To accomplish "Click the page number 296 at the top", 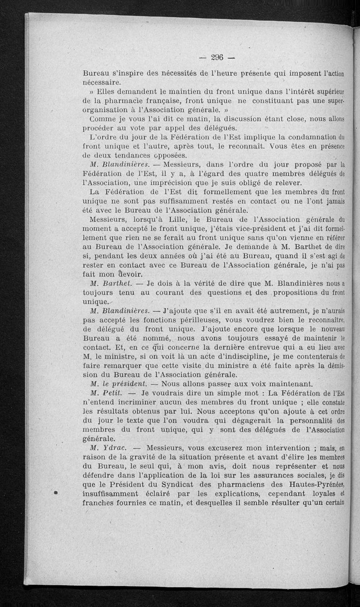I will coord(217,57).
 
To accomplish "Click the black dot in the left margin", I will coord(57,493).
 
